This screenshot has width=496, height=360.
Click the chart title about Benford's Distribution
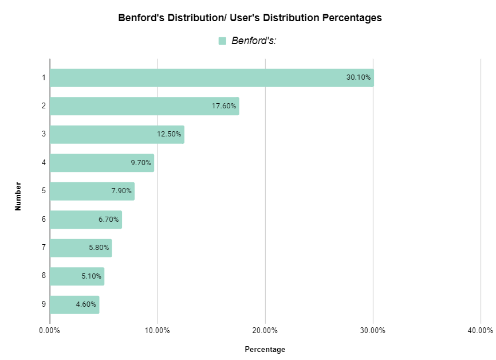250,18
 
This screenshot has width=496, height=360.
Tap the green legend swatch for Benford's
223,41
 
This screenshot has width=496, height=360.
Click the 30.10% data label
359,78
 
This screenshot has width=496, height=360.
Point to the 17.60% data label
224,106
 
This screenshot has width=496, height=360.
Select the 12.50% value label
169,135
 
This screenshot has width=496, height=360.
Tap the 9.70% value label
141,163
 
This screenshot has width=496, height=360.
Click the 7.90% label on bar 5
121,191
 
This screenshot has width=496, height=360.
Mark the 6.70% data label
109,220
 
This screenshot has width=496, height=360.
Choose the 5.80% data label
99,248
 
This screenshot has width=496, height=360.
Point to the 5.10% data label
92,276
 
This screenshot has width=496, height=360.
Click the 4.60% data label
86,304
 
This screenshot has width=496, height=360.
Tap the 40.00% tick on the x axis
480,330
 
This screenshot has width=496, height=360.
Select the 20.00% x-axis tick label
265,330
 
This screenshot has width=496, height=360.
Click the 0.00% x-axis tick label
50,330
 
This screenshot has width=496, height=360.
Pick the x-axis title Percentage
265,349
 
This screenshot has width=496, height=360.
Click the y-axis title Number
18,197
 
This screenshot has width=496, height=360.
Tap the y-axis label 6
44,220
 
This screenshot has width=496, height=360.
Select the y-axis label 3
44,135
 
